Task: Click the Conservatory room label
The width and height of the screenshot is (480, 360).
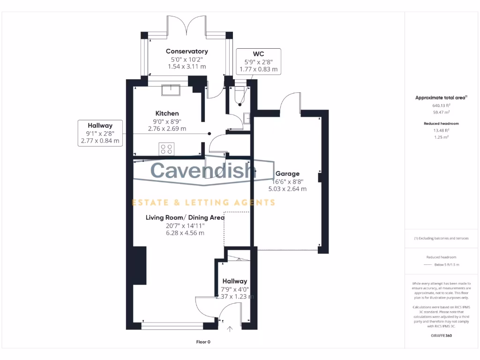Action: click(187, 51)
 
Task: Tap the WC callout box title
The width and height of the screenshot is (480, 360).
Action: click(258, 54)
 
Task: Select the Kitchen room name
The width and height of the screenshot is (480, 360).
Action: click(167, 113)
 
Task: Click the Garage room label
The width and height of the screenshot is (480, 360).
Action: click(287, 173)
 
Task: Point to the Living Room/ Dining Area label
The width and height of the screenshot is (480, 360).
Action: click(185, 217)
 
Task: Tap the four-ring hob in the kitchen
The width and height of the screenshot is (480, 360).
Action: click(166, 149)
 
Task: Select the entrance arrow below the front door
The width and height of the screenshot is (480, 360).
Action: click(230, 330)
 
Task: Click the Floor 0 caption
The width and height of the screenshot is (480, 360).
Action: click(203, 342)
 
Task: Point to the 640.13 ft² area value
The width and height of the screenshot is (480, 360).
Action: click(441, 106)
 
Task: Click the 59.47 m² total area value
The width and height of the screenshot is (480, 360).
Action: click(441, 112)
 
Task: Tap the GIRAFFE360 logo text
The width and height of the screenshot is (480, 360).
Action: click(441, 336)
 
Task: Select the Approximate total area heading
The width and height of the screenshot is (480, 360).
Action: click(441, 97)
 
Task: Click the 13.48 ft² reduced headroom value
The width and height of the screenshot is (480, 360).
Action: click(441, 130)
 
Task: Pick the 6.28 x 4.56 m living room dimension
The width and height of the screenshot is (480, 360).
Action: click(185, 233)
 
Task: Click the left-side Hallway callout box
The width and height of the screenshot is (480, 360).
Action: click(100, 133)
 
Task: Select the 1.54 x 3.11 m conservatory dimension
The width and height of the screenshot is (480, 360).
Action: click(187, 67)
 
